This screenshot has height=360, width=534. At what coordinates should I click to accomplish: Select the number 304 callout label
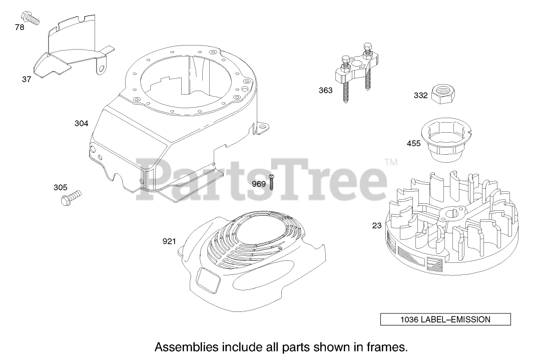pos(82,123)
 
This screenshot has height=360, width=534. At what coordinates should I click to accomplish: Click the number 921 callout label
pos(169,242)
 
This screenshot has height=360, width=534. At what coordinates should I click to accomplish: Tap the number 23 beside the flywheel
pos(377,226)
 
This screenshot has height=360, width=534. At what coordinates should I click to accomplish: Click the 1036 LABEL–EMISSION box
pos(445,319)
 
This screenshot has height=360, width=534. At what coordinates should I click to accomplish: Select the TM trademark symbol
pos(391,162)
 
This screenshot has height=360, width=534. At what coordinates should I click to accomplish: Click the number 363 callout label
pos(325,91)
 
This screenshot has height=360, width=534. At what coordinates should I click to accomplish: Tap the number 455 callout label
pos(414,144)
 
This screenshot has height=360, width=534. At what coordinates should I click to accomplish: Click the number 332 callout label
pos(420,96)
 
